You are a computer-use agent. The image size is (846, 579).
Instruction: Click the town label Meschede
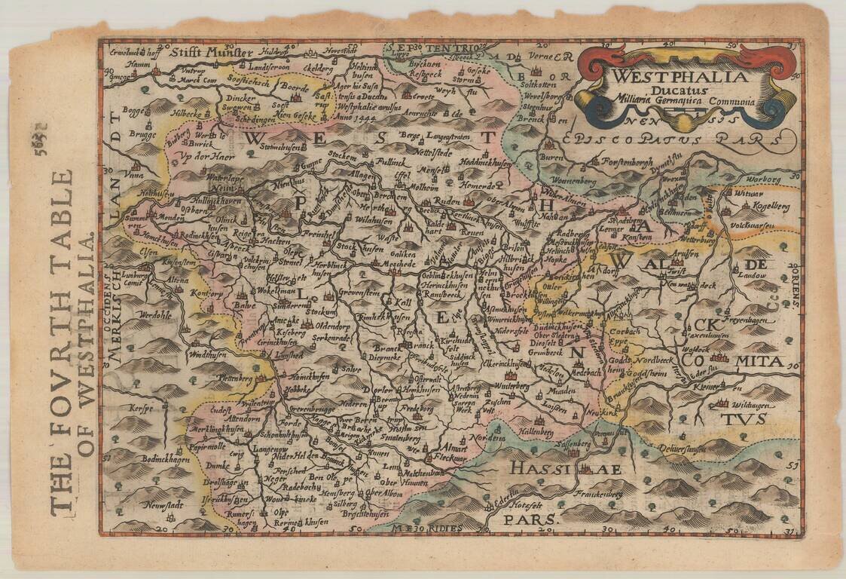pyautogui.click(x=395, y=264)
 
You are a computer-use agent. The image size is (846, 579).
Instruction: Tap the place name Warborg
pyautogui.click(x=762, y=179)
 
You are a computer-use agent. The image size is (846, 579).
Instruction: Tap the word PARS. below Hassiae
pyautogui.click(x=531, y=519)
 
